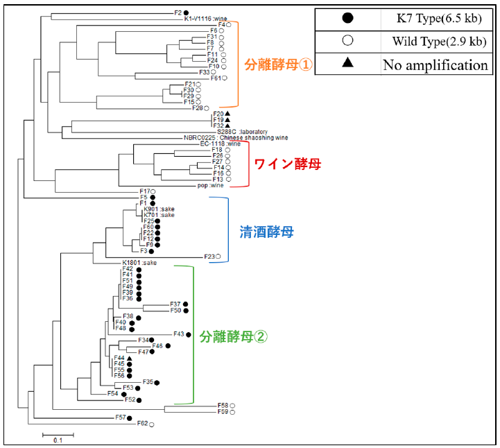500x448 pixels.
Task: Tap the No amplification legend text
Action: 435,65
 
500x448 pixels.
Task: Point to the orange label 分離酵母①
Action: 279,65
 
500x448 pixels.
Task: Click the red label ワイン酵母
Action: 288,165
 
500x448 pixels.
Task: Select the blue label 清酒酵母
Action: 266,232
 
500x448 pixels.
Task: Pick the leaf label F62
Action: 142,423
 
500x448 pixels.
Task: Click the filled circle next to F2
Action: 185,12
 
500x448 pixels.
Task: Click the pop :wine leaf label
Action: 209,185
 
